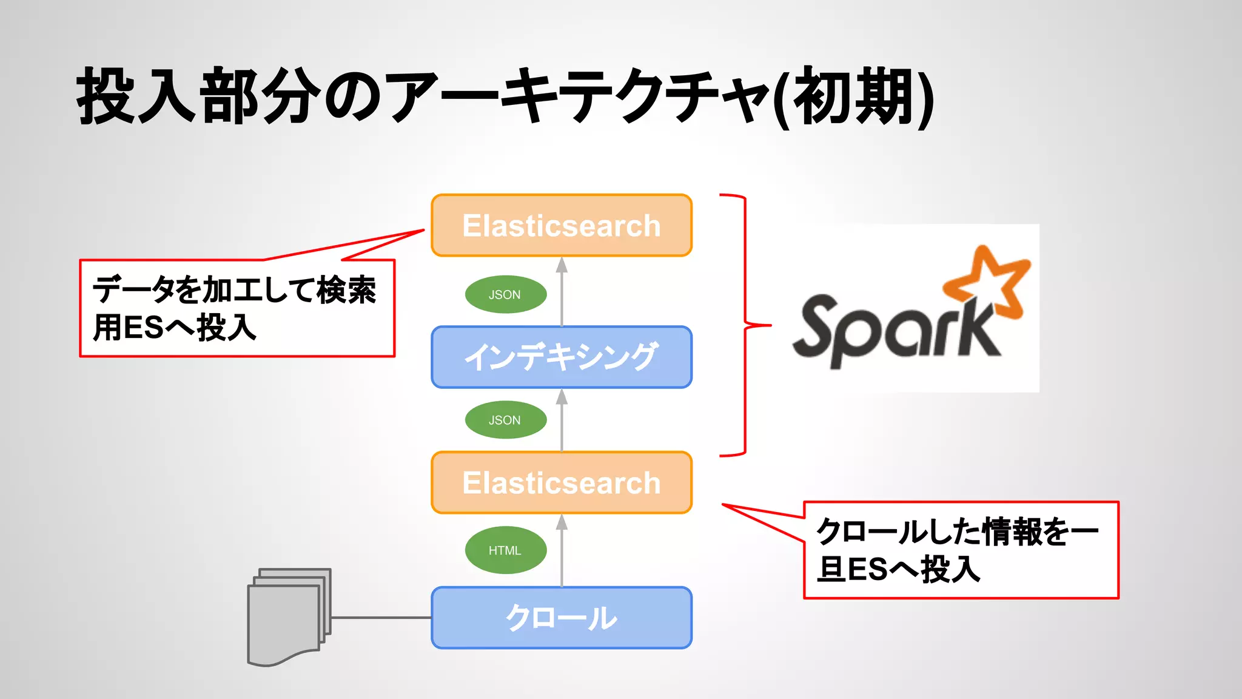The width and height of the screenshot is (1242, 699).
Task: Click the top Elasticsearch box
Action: (562, 226)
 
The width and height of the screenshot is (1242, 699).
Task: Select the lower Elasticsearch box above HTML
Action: (562, 483)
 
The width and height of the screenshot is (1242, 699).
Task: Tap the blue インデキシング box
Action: (562, 357)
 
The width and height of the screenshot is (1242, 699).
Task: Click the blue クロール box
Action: (562, 618)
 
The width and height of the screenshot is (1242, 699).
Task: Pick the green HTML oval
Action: (505, 550)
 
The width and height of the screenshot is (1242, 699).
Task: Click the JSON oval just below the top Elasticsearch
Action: (505, 295)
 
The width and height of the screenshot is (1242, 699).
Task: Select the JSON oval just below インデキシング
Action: (505, 420)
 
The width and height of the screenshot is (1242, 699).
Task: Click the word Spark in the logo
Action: (891, 331)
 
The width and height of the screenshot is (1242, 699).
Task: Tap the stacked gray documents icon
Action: (288, 616)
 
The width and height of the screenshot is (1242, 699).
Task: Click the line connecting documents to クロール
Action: (381, 618)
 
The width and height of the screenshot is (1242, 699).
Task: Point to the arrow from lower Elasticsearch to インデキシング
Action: (562, 421)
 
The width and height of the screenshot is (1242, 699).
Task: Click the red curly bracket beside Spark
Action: (745, 325)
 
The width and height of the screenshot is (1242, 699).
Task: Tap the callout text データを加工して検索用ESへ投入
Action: (235, 308)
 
